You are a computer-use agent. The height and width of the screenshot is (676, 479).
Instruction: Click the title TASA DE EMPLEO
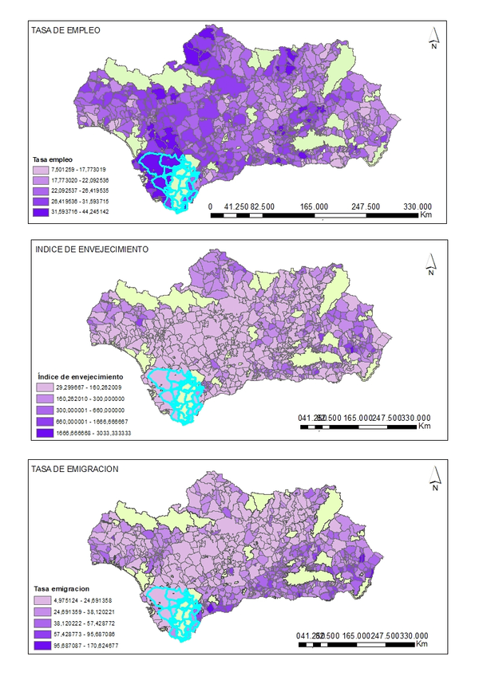click(65, 29)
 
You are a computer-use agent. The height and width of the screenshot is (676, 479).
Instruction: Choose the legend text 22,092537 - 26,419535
click(80, 191)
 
